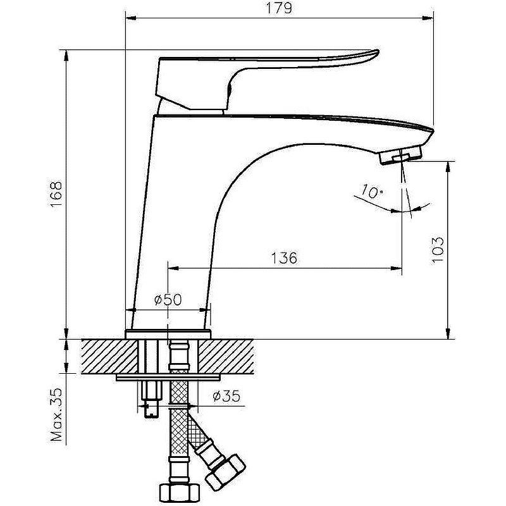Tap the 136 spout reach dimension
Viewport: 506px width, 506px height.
click(x=284, y=258)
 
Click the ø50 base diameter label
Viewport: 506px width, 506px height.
click(x=168, y=300)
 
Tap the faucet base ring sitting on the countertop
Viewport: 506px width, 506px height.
click(x=168, y=334)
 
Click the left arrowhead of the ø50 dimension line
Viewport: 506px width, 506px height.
click(x=131, y=310)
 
